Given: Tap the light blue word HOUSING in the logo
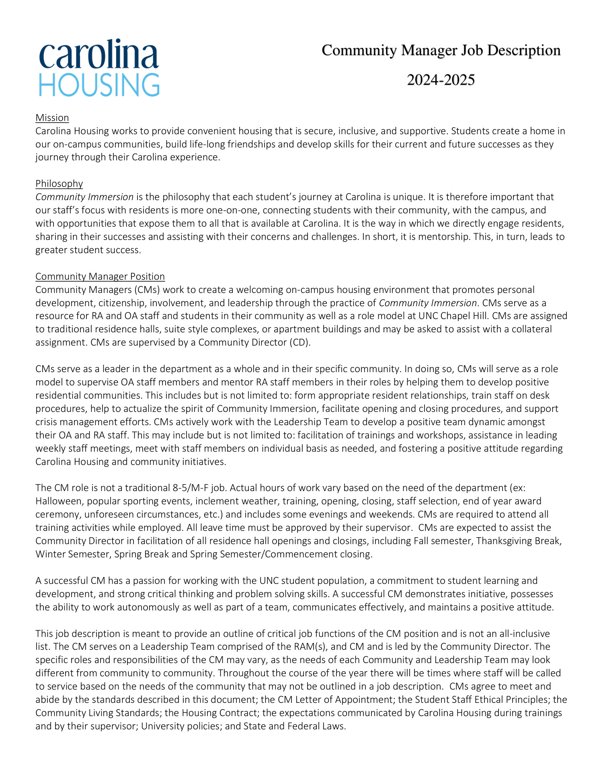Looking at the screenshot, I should [99, 85].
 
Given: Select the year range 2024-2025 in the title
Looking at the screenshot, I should [441, 80].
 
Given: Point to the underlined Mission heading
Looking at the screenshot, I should [52, 118].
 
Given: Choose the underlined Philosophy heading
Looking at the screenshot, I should [59, 184].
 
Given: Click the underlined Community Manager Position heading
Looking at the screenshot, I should [100, 276].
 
